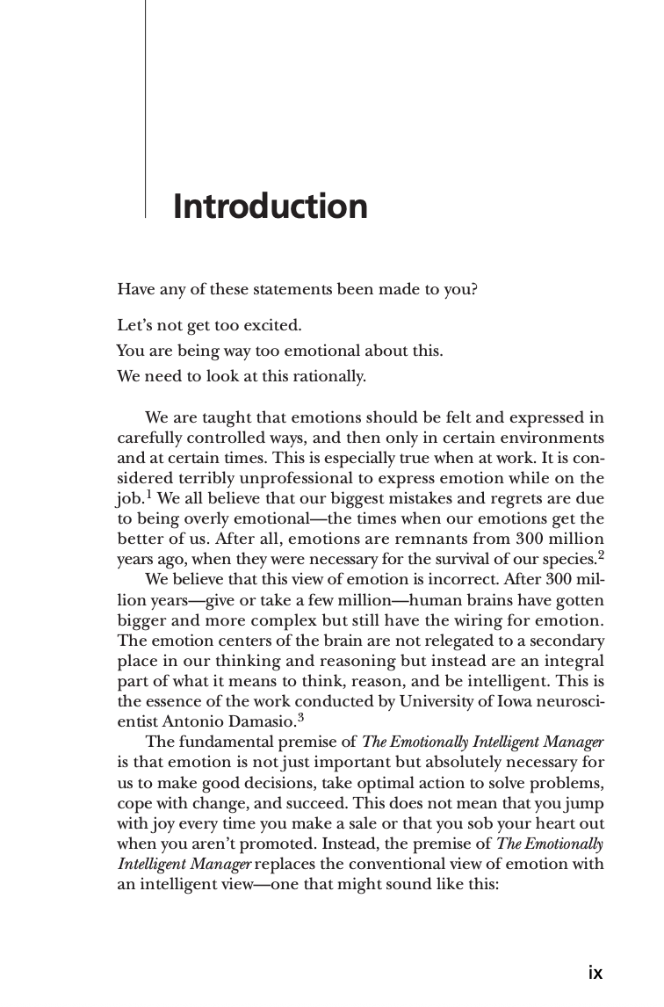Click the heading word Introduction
click(x=270, y=206)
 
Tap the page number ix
click(x=595, y=972)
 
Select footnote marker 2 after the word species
click(x=601, y=554)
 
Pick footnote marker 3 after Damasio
click(x=300, y=715)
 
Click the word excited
click(x=272, y=326)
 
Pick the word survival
click(x=453, y=559)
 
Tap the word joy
click(x=160, y=823)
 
